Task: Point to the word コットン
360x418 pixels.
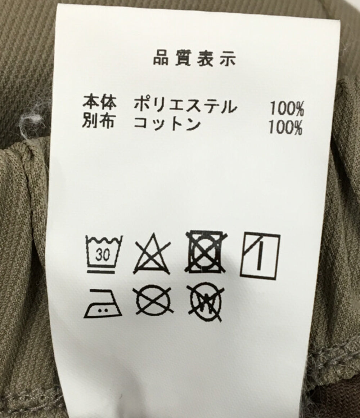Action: (x=167, y=124)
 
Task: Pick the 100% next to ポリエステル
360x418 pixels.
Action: (x=287, y=109)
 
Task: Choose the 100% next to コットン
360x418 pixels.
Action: (x=285, y=128)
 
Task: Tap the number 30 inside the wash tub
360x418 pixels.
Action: (x=103, y=255)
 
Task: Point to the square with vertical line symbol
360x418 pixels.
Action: (x=260, y=255)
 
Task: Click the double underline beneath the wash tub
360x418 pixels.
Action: (x=102, y=271)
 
